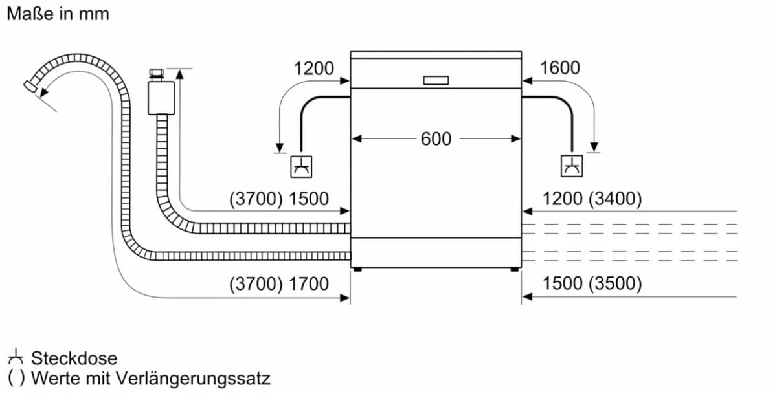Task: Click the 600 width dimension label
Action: [436, 138]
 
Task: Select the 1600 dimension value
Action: [559, 68]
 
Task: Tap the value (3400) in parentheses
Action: [615, 199]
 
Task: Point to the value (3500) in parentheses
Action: [615, 283]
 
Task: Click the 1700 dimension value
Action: [308, 283]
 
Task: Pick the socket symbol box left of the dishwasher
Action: [301, 167]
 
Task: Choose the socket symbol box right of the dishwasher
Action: [572, 166]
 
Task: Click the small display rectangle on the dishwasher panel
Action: [436, 80]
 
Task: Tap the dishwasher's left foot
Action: [357, 269]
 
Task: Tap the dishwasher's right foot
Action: [515, 269]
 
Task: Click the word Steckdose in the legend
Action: [74, 358]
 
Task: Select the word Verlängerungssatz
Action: [193, 379]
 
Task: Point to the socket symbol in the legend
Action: [16, 357]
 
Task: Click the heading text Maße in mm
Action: [58, 14]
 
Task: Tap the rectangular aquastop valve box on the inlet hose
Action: [161, 98]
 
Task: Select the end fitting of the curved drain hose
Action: [30, 86]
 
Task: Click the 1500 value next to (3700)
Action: [308, 199]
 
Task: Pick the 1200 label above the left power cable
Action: [314, 69]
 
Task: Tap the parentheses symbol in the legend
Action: [16, 379]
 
